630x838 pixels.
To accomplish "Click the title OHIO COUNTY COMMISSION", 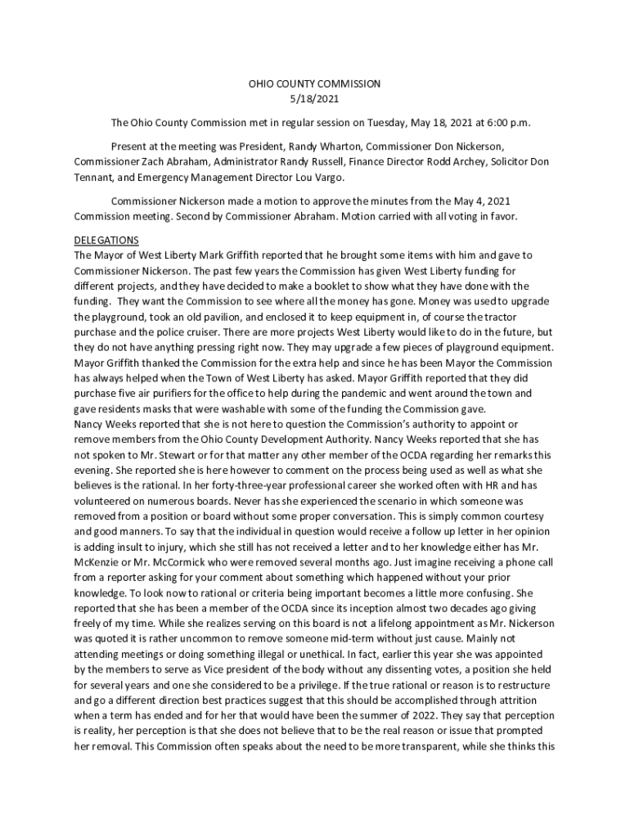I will point(314,83).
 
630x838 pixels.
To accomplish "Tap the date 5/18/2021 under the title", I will point(314,99).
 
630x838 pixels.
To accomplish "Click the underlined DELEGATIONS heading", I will point(106,240).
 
